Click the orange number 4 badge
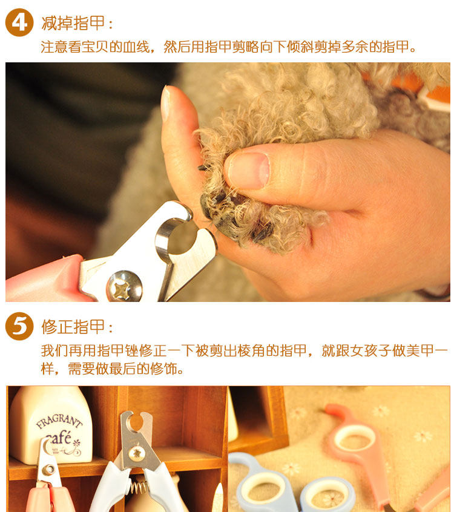click(19, 22)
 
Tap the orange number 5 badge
click(19, 326)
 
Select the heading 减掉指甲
click(73, 23)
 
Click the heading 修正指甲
click(73, 327)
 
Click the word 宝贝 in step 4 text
click(95, 47)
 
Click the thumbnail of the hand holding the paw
click(228, 182)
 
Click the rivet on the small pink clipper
click(49, 469)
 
